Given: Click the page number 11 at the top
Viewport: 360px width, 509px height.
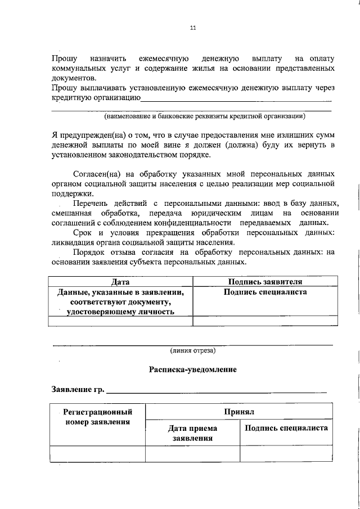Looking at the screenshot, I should (193, 27).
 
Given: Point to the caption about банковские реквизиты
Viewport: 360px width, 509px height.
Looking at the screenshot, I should (205, 116).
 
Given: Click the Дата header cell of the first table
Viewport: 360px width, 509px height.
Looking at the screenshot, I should (120, 282).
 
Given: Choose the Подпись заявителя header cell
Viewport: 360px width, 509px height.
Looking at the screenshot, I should (265, 282).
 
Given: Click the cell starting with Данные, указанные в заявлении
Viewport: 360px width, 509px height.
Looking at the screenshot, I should (120, 301).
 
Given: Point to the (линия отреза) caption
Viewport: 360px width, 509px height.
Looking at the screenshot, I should (193, 350).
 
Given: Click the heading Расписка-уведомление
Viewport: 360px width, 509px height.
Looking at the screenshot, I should (193, 370).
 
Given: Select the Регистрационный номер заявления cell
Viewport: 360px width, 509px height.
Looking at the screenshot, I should (98, 417).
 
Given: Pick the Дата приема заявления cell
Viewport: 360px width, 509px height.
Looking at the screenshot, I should (192, 433).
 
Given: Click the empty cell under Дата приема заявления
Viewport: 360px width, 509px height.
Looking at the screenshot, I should (192, 453).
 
